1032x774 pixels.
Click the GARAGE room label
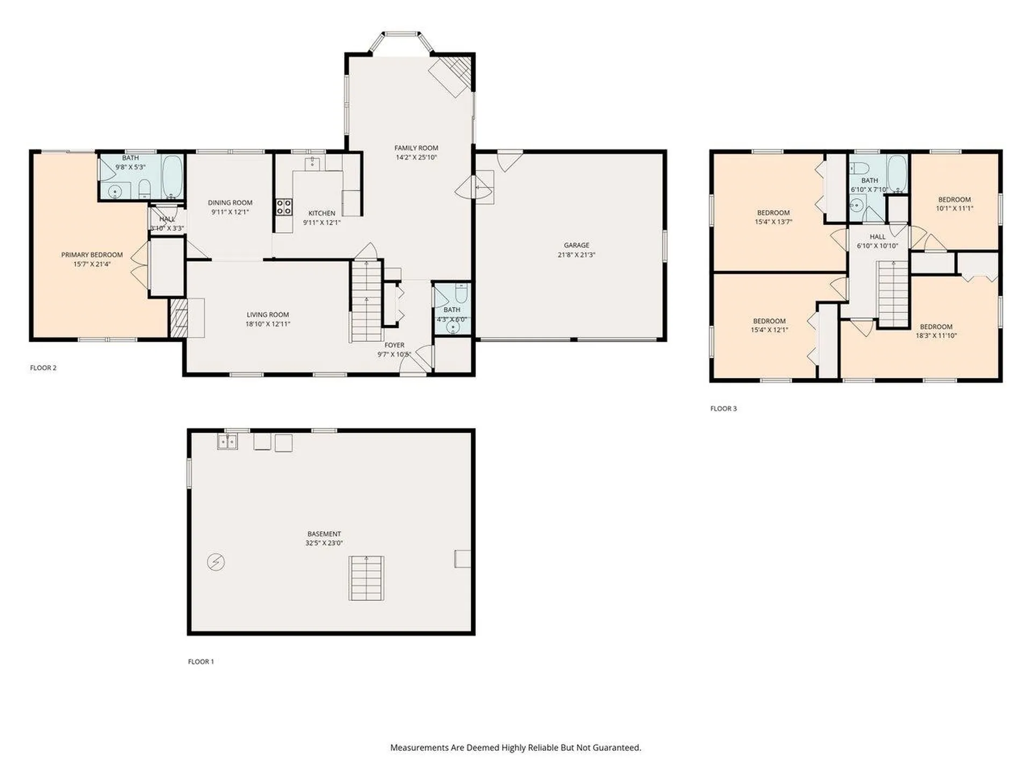point(576,245)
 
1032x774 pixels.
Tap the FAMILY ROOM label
point(416,148)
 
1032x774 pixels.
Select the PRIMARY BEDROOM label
point(92,255)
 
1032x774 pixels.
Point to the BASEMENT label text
point(324,534)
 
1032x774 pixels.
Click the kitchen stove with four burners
point(284,207)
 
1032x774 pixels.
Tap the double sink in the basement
point(227,441)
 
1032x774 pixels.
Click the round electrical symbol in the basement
point(216,562)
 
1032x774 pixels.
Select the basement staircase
point(367,578)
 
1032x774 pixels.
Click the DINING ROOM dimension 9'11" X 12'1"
point(230,212)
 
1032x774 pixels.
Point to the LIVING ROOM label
point(268,314)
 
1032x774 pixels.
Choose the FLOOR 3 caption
point(723,408)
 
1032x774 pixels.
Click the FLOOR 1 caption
point(201,662)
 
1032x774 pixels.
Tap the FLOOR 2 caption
point(43,368)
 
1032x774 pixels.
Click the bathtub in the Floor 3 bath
point(897,173)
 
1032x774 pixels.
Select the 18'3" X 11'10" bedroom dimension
point(936,335)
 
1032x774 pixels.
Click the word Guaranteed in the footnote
point(617,748)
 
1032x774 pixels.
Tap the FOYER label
point(394,345)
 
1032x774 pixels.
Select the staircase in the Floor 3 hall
point(893,293)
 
